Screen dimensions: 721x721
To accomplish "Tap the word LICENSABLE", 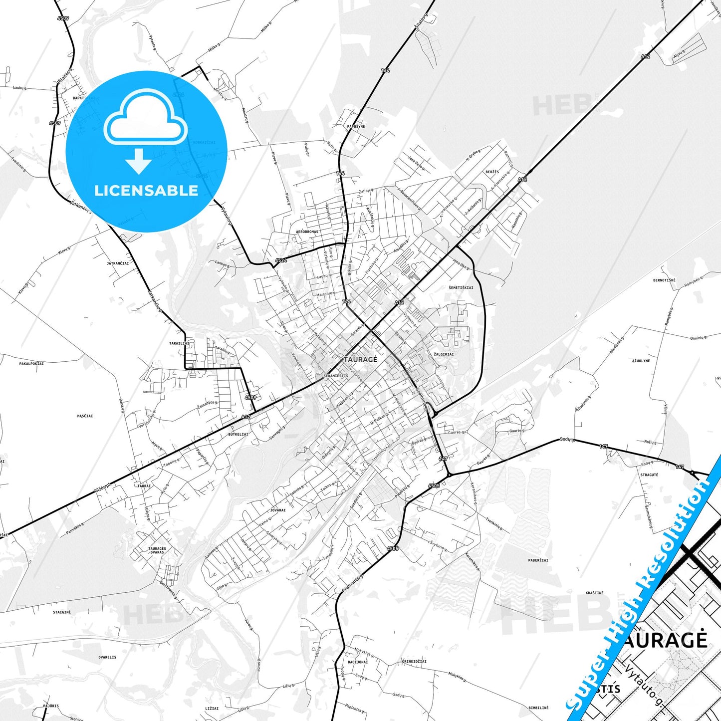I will (x=146, y=191).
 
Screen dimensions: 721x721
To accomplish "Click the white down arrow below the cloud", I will (x=139, y=161).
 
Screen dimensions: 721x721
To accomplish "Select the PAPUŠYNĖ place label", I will (x=356, y=127).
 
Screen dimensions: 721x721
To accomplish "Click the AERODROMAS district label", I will (x=307, y=232).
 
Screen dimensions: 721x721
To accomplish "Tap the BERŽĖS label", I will (x=492, y=172).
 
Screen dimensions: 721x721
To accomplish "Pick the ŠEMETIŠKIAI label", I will (x=461, y=288).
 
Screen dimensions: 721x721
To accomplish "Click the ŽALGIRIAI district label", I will (x=444, y=354).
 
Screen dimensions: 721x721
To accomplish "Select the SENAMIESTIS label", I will (x=336, y=376).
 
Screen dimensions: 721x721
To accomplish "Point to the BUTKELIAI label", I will (x=239, y=435).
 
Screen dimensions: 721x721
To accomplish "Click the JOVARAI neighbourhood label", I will (x=278, y=510).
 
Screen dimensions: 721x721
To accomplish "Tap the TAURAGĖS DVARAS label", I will (x=157, y=550).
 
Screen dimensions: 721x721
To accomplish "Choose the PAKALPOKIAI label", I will (x=31, y=364).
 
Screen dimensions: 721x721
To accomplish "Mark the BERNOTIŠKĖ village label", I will (x=664, y=280).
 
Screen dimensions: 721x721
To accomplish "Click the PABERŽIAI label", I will (x=538, y=560).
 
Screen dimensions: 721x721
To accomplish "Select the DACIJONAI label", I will (x=358, y=662).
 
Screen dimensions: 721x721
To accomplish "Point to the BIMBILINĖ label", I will (x=538, y=708).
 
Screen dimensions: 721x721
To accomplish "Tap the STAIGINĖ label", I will (x=62, y=612).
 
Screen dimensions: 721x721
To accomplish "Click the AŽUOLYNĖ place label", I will (x=641, y=361).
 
